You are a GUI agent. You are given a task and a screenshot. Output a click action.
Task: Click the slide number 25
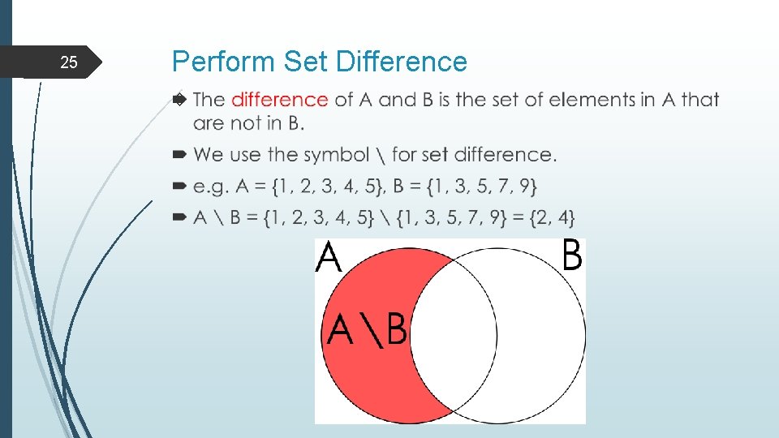70,62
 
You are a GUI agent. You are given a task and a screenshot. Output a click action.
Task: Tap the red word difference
279,100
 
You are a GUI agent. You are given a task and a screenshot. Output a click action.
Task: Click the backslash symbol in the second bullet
381,154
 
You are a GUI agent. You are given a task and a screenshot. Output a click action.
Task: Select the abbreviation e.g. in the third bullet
211,187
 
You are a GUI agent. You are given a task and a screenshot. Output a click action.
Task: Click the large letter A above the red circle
329,259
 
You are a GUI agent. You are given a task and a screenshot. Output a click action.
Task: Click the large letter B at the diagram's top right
571,257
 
